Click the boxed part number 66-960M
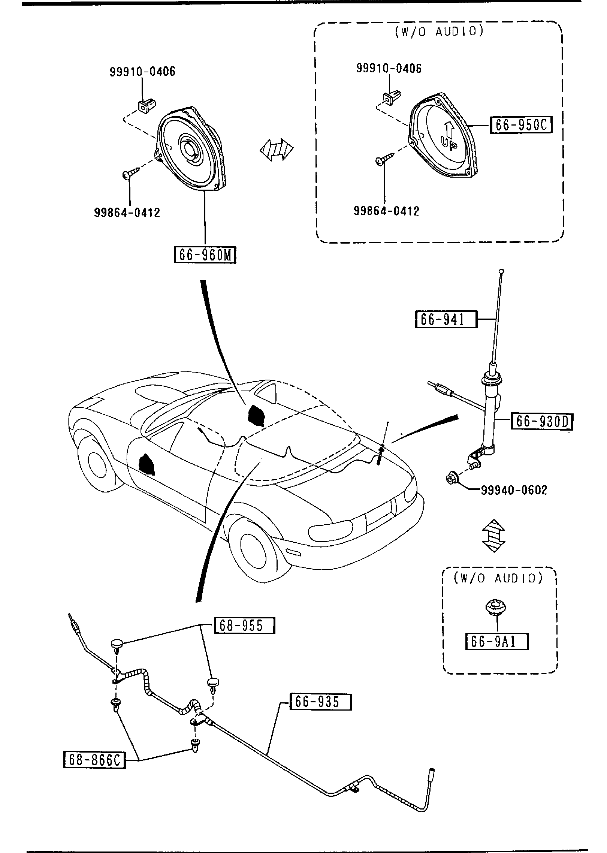click(x=205, y=255)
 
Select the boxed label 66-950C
click(x=521, y=125)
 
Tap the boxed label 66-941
click(x=446, y=319)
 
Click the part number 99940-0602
click(x=514, y=490)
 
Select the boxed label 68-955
click(x=244, y=626)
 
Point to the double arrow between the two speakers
click(x=277, y=150)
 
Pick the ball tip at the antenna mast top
click(x=502, y=271)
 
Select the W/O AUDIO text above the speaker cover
click(x=439, y=31)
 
